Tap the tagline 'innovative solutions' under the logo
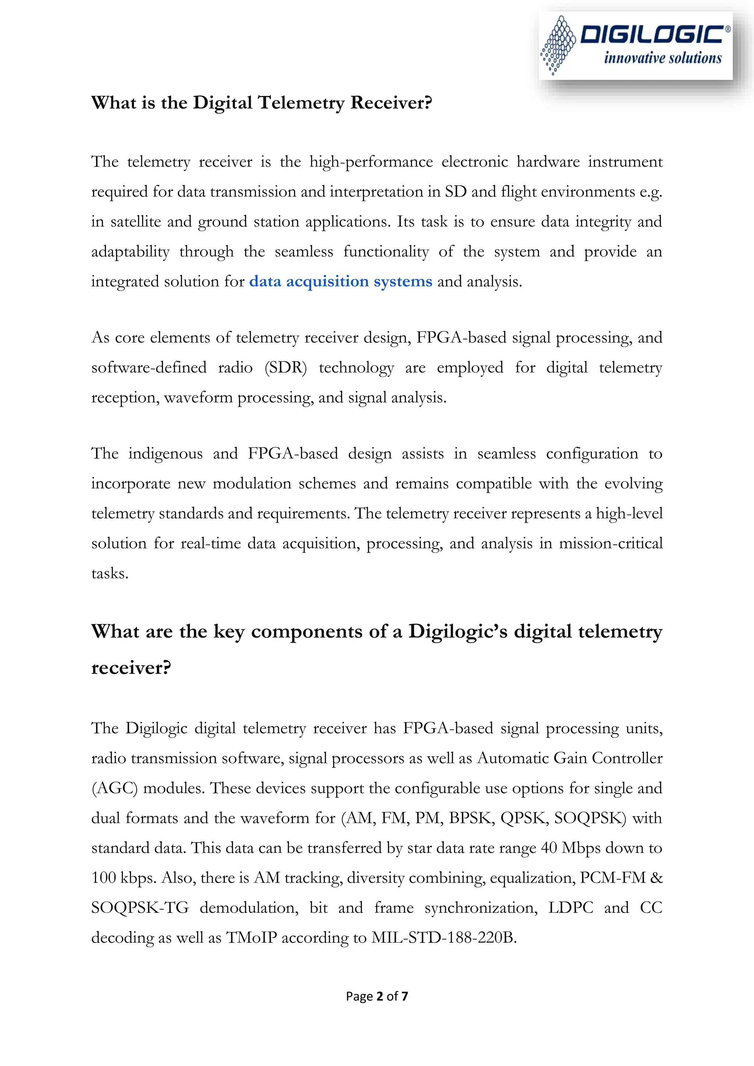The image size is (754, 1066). [x=663, y=58]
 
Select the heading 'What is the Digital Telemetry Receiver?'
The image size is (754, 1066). [x=261, y=103]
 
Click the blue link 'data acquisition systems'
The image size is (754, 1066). [x=340, y=281]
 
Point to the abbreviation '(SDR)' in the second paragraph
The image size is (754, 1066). [x=286, y=367]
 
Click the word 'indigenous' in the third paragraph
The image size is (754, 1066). [x=165, y=453]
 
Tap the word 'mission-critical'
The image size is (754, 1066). [x=610, y=543]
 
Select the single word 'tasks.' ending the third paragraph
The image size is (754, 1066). [x=110, y=573]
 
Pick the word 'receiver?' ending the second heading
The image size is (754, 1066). [x=131, y=668]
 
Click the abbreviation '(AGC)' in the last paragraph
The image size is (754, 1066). [x=114, y=788]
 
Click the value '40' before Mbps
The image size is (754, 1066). [x=549, y=848]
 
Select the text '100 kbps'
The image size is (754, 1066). [x=123, y=878]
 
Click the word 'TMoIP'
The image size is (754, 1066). [x=251, y=938]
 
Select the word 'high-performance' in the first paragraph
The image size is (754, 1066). [x=371, y=162]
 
